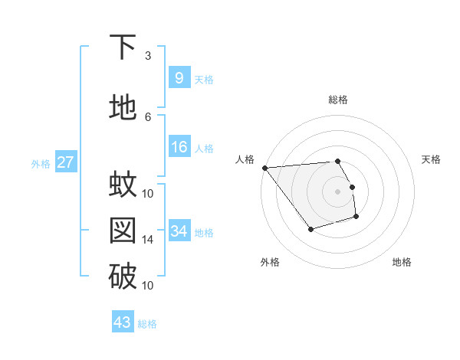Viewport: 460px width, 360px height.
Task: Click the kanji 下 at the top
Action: point(123,47)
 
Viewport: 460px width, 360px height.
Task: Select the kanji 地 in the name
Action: point(123,108)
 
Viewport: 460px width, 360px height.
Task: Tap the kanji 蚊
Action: point(123,184)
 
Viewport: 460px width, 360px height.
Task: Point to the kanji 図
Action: point(123,231)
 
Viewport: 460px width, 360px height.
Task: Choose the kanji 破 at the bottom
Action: point(123,277)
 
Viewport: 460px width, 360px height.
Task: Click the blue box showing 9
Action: point(179,78)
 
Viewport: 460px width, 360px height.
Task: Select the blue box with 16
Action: point(179,147)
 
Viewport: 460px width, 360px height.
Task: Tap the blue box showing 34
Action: point(179,231)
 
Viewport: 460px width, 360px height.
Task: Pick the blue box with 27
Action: point(65,162)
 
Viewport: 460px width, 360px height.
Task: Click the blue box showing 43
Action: point(123,322)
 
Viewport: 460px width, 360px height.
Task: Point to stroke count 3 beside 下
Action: point(147,56)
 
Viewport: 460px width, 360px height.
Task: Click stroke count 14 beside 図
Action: point(148,240)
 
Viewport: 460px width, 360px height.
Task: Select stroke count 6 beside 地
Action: point(147,116)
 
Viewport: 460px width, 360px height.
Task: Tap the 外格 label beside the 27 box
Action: point(40,163)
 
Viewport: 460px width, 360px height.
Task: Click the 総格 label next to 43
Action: point(147,323)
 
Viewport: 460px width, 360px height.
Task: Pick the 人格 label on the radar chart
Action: point(245,159)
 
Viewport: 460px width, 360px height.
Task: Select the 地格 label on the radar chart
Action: point(402,262)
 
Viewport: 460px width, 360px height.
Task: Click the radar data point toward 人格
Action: point(264,168)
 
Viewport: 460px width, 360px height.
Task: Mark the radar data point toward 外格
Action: point(310,229)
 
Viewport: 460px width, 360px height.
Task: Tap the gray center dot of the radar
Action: point(337,191)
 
